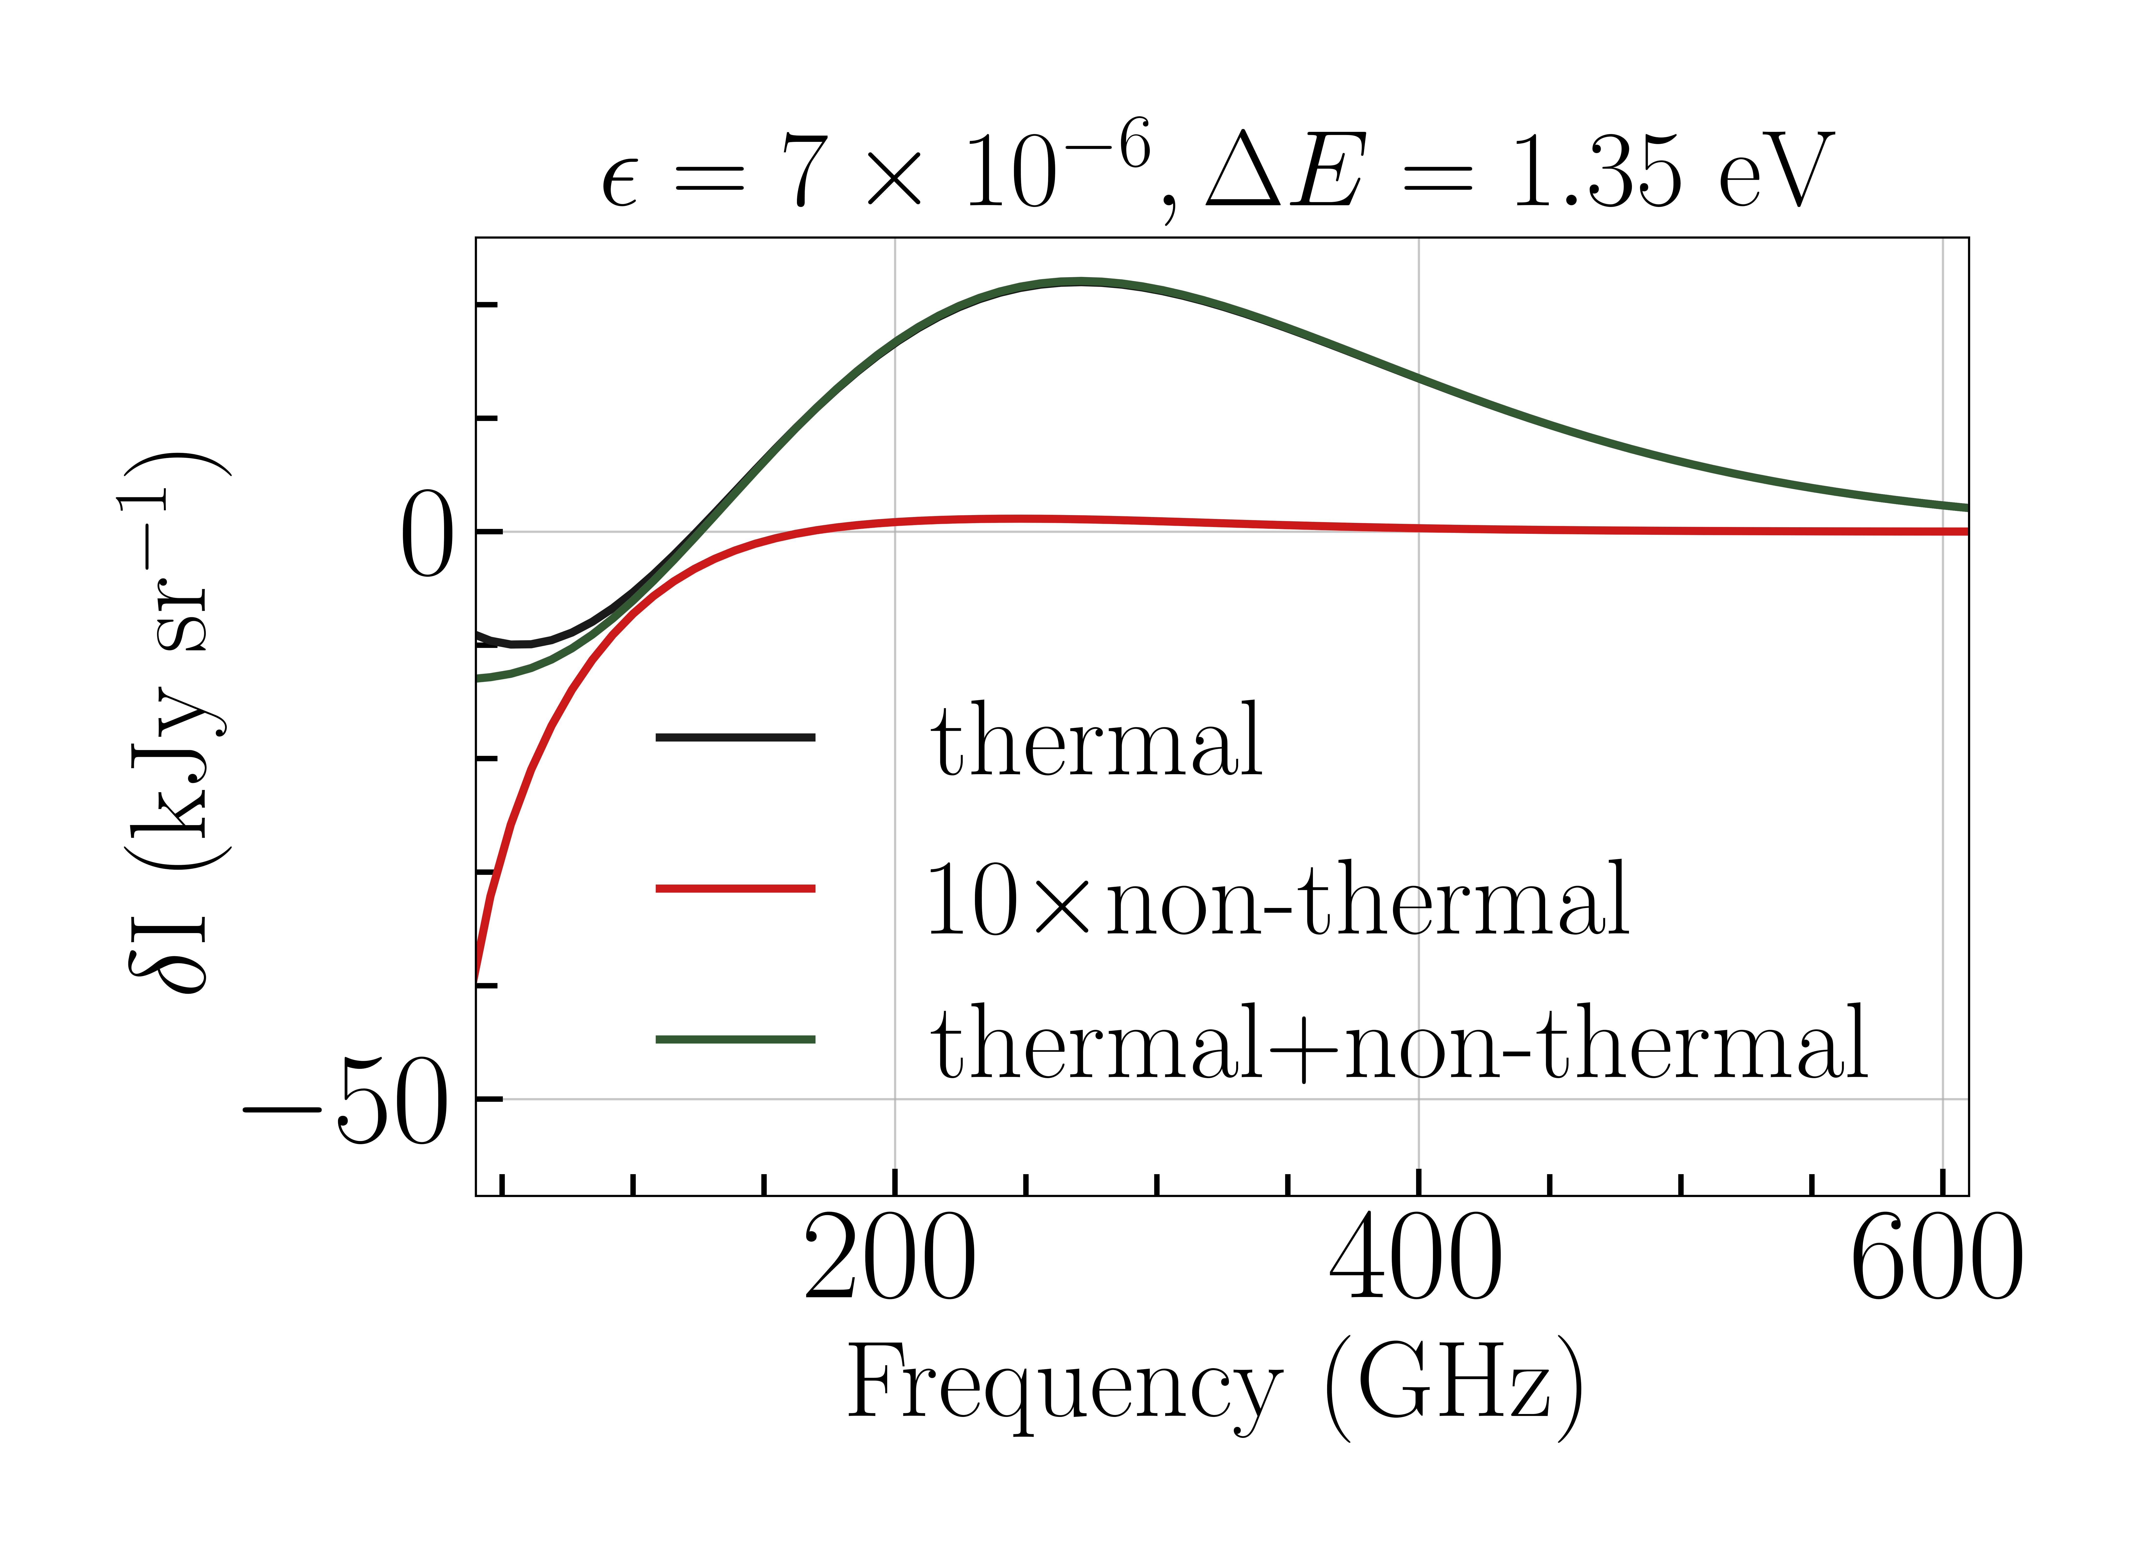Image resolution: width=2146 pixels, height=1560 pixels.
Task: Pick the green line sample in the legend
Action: tap(735, 1040)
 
